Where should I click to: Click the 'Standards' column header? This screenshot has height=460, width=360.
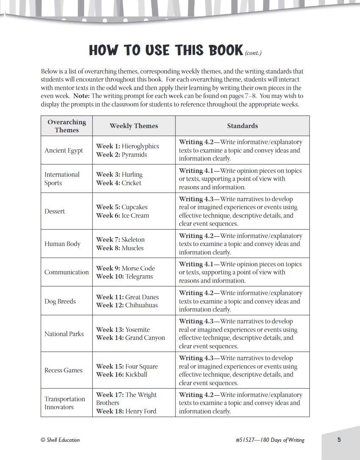(242, 126)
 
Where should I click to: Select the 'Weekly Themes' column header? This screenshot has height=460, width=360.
(134, 126)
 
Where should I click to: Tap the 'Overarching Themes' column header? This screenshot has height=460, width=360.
(67, 126)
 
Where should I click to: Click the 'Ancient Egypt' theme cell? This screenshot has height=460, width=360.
(64, 151)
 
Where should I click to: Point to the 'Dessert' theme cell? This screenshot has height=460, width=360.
(55, 211)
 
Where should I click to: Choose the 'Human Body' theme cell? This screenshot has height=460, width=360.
(62, 244)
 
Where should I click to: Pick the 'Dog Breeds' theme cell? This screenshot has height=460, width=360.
(60, 301)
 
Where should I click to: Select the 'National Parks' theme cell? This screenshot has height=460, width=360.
(64, 334)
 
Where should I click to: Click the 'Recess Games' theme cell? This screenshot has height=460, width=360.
(63, 370)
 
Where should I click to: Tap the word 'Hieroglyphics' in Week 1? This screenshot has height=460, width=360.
(140, 146)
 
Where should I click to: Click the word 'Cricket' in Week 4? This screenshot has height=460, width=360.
(132, 183)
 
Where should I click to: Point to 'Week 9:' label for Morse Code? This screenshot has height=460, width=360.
(108, 268)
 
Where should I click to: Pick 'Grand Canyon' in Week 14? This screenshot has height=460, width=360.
(145, 338)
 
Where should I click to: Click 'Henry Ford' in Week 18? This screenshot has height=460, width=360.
(141, 411)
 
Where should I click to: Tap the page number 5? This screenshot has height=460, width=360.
(339, 440)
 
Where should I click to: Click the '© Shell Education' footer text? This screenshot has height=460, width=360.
(60, 440)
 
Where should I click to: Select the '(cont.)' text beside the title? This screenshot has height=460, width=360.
(253, 53)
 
